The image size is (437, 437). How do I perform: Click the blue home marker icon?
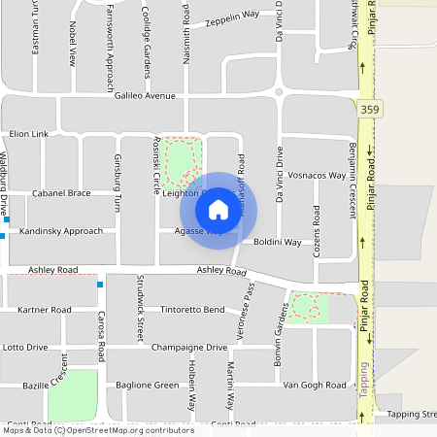pyautogui.click(x=218, y=209)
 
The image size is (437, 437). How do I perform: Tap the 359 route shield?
pyautogui.click(x=368, y=110)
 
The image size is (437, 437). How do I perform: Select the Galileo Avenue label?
pyautogui.click(x=145, y=96)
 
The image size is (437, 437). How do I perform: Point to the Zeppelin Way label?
pyautogui.click(x=231, y=19)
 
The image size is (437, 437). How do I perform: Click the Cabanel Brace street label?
pyautogui.click(x=61, y=193)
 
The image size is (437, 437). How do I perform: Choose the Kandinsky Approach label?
pyautogui.click(x=60, y=232)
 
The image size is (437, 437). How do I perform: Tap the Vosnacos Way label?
pyautogui.click(x=318, y=176)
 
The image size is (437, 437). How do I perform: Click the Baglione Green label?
pyautogui.click(x=148, y=386)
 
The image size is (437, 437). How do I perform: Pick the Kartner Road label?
pyautogui.click(x=45, y=310)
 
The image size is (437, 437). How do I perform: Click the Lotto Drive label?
pyautogui.click(x=25, y=347)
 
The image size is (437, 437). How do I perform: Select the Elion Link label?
pyautogui.click(x=28, y=133)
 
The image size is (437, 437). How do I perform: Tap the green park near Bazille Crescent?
pyautogui.click(x=73, y=393)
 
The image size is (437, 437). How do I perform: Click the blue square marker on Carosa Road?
pyautogui.click(x=100, y=285)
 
